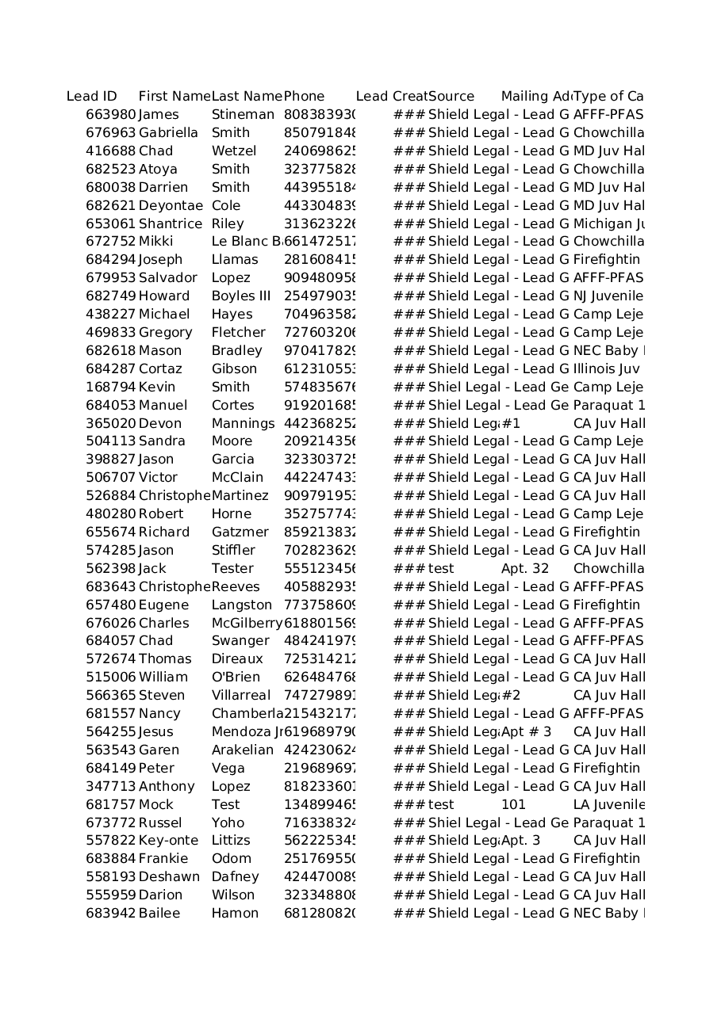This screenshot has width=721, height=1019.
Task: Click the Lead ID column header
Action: (x=92, y=97)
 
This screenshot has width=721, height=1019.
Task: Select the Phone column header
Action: (x=304, y=97)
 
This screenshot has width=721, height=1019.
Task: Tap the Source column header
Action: (x=451, y=97)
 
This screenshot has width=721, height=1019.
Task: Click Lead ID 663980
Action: (x=111, y=115)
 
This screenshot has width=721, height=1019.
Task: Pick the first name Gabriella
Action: (x=168, y=133)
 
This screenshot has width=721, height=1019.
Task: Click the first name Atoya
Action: (x=158, y=170)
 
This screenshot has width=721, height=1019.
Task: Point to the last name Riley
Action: (x=228, y=224)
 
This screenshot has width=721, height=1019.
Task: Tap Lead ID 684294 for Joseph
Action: (x=111, y=260)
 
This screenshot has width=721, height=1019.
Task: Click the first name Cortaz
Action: (x=160, y=369)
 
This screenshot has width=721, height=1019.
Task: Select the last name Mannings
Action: (x=243, y=424)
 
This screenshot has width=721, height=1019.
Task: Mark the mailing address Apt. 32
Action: (x=525, y=569)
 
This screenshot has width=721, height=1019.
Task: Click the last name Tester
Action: (x=232, y=569)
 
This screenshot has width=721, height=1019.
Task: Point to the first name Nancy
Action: (x=159, y=714)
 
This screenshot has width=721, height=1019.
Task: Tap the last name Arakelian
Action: (x=243, y=750)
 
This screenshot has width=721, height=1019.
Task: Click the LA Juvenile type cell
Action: (x=608, y=805)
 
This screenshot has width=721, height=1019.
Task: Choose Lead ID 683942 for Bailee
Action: (x=111, y=914)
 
